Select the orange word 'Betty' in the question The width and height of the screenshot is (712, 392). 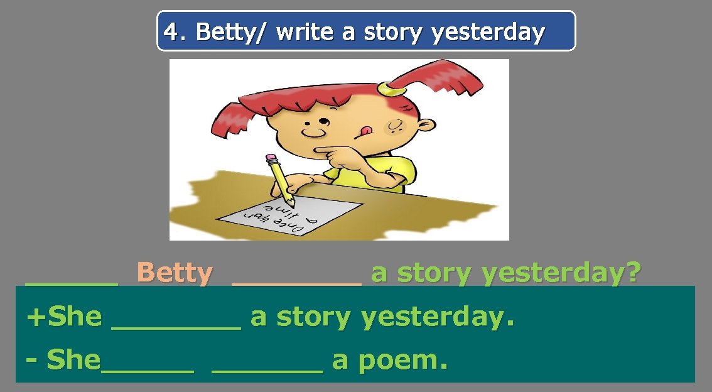[x=175, y=273]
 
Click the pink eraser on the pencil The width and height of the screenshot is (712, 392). [x=271, y=158]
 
